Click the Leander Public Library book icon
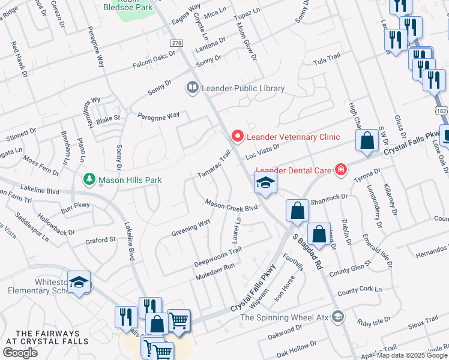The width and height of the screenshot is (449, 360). coord(192,88)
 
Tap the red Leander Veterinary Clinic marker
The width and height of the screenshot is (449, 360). coord(237,137)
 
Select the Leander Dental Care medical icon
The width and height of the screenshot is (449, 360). coord(341,170)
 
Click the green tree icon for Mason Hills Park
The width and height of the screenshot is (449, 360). coord(89,179)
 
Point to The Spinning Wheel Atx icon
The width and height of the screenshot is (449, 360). coord(339,317)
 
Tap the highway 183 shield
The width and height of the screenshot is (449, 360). coord(442,111)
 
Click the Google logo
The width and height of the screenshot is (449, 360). coord(20,352)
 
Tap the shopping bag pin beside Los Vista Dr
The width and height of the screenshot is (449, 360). coord(366,140)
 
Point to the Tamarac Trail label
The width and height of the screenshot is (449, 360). coord(214,164)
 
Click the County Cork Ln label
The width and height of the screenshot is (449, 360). coord(360,291)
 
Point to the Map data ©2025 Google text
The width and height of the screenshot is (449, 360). coord(412,355)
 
